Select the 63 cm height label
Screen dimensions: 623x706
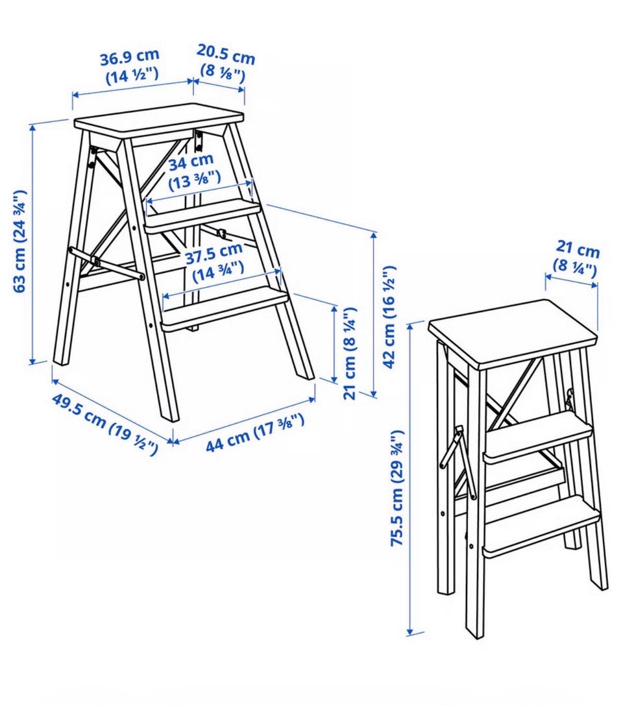click(x=20, y=241)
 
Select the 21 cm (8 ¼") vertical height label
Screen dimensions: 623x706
click(x=350, y=354)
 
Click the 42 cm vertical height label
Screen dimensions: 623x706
click(x=389, y=317)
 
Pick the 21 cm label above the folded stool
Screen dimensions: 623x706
click(x=576, y=259)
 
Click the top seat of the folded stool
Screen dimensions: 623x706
click(x=514, y=331)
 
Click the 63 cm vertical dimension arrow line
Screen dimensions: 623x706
click(x=32, y=243)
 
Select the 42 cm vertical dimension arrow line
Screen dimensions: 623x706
click(x=374, y=314)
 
